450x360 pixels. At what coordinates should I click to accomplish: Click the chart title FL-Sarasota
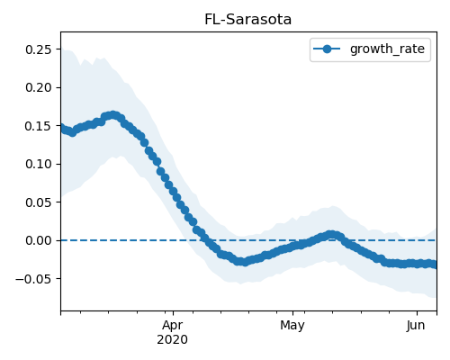point(247,20)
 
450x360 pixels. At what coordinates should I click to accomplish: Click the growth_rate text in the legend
point(387,49)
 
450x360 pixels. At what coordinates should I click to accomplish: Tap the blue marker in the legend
point(327,49)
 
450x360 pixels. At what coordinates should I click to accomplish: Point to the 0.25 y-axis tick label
point(39,49)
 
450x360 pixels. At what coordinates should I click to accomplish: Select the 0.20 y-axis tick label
point(39,87)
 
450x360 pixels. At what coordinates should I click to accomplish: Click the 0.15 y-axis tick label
point(39,126)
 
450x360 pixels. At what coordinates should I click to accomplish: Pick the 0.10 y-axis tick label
point(39,164)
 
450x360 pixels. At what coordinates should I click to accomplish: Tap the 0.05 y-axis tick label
point(39,202)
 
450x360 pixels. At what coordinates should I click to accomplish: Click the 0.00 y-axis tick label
point(39,240)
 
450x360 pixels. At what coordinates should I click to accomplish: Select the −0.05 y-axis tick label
point(34,279)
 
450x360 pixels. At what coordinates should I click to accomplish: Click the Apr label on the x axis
point(173,326)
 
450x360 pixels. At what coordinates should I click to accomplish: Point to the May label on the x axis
point(292,326)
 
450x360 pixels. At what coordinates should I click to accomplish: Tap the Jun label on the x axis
point(416,326)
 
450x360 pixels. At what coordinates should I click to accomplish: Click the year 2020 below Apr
point(173,340)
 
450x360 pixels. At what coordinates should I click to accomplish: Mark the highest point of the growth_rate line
point(112,115)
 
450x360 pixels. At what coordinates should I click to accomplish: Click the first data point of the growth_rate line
point(61,128)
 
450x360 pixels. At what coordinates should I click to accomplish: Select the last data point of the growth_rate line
point(435,265)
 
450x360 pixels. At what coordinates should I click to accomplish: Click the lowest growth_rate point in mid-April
point(245,262)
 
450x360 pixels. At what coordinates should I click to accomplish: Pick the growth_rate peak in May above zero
point(331,235)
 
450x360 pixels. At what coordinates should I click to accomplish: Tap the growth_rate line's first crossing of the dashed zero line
point(206,240)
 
